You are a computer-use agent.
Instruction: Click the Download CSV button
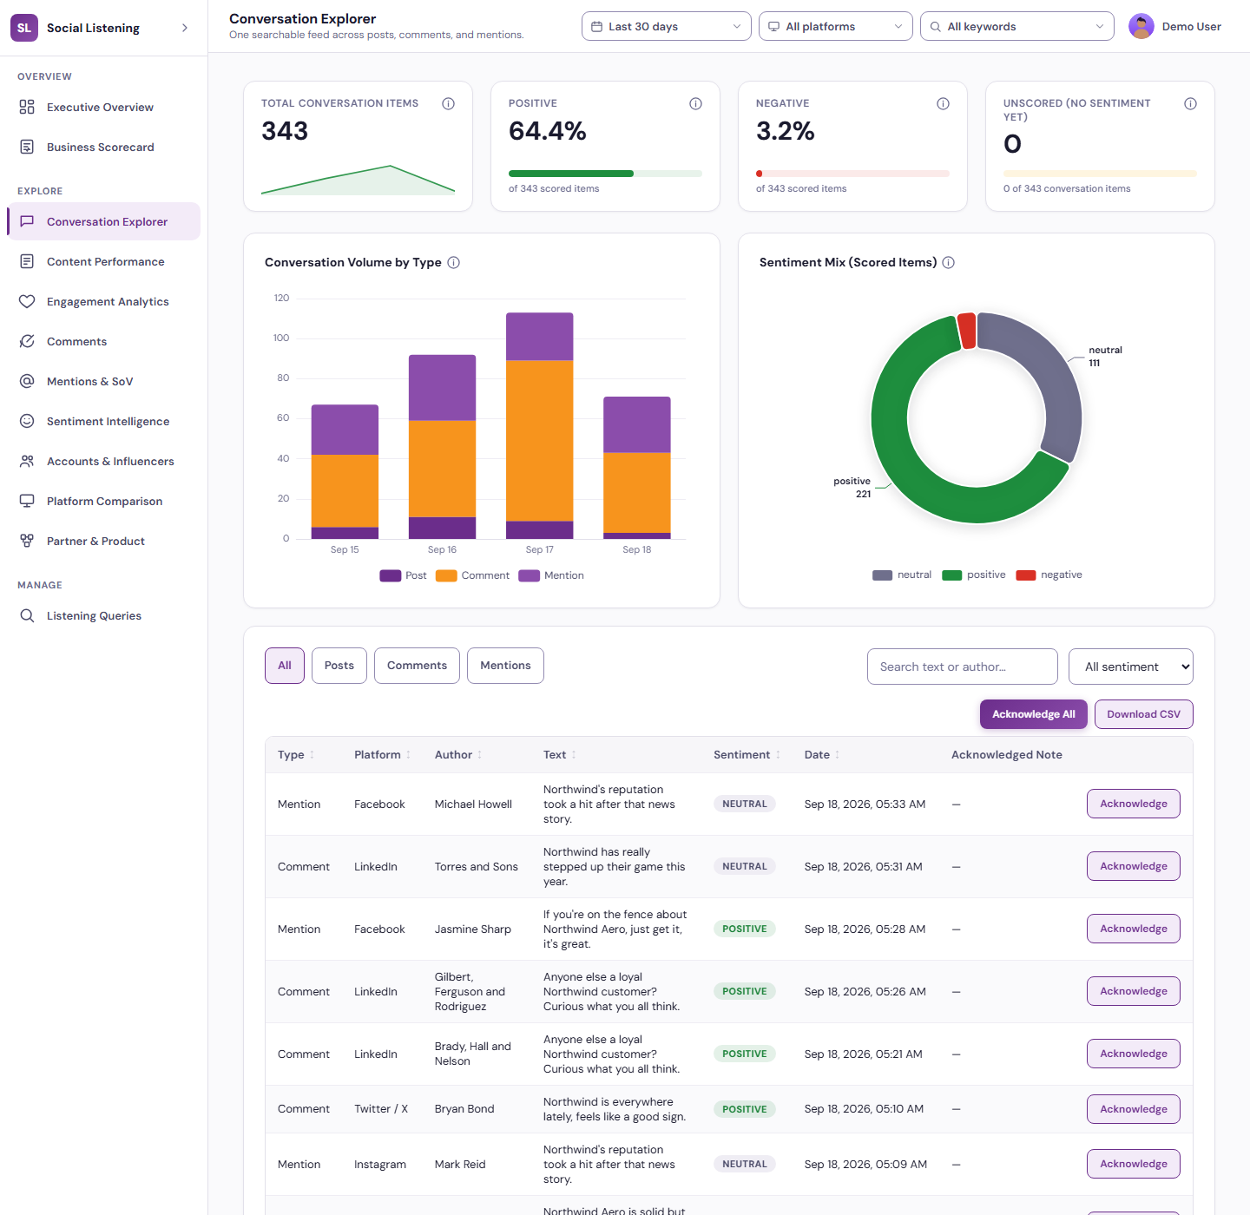click(x=1143, y=714)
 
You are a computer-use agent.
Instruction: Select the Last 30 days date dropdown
click(x=666, y=26)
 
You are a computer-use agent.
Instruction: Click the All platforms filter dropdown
click(x=835, y=26)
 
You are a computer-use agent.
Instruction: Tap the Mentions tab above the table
click(x=505, y=666)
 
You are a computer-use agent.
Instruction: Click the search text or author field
click(x=962, y=667)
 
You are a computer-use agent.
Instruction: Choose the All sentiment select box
click(x=1130, y=667)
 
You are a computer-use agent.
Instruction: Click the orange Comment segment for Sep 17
click(x=540, y=441)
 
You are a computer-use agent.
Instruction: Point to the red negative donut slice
click(x=967, y=330)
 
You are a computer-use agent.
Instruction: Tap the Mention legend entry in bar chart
click(x=551, y=575)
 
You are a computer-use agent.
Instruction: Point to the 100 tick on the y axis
click(x=281, y=338)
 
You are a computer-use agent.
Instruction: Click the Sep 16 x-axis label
click(x=442, y=549)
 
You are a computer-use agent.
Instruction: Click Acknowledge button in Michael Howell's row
click(x=1133, y=804)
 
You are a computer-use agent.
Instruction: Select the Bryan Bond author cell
click(x=464, y=1108)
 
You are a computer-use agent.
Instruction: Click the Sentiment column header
click(x=741, y=754)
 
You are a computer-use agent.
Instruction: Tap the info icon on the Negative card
click(x=943, y=103)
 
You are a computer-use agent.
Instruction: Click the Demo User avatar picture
click(x=1141, y=26)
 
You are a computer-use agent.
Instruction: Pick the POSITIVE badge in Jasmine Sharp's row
click(x=744, y=929)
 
